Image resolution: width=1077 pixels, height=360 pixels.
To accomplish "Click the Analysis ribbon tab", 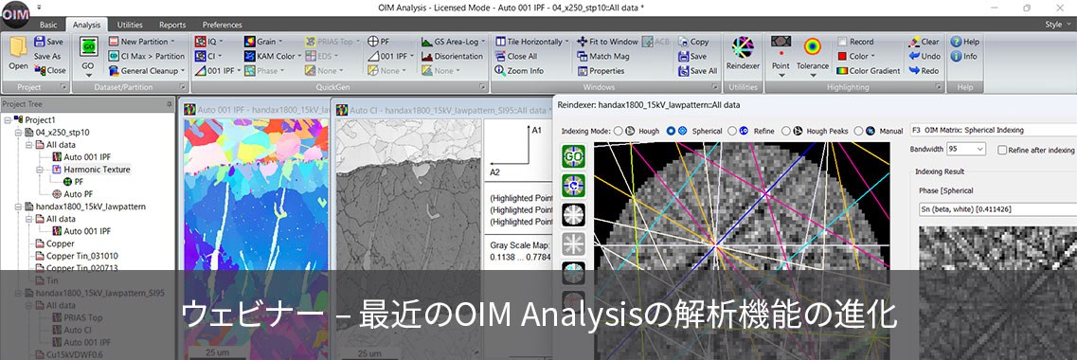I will [x=86, y=24].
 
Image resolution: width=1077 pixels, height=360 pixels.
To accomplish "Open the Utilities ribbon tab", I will [x=130, y=24].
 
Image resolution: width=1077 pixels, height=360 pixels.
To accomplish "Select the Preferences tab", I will [x=222, y=24].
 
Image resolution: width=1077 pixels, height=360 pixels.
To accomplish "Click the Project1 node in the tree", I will [x=40, y=120].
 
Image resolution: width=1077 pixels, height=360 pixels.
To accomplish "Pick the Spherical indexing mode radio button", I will [x=671, y=130].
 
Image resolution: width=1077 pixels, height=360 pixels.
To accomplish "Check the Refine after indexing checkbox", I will [x=1000, y=150].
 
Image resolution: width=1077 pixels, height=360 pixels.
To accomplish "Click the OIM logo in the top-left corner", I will [x=15, y=15].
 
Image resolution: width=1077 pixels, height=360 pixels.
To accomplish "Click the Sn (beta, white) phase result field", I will [x=995, y=208].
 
